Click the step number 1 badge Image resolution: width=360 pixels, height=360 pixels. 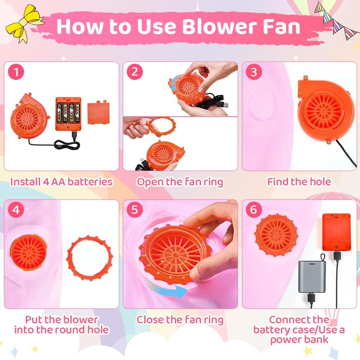point(16,72)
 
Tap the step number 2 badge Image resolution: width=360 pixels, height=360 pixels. point(135,72)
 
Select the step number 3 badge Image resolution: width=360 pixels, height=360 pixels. point(254,72)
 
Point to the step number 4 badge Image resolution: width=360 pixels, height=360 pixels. point(16,210)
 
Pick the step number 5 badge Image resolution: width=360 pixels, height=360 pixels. point(135,210)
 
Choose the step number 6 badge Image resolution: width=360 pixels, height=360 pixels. point(254,210)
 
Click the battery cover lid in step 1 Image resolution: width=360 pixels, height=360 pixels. point(98,112)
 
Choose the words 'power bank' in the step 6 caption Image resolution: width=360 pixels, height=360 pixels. point(299,340)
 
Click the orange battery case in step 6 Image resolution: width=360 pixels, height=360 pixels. point(336,232)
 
